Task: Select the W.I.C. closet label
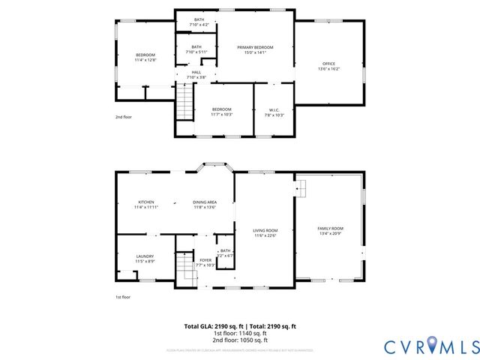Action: (x=274, y=112)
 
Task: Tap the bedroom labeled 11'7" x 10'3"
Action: (x=221, y=112)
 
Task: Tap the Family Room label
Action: (x=330, y=230)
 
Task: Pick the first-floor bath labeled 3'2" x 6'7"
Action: (x=226, y=253)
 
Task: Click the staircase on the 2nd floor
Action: (x=184, y=102)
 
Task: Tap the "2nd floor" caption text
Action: (x=124, y=117)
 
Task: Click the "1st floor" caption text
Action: (x=124, y=297)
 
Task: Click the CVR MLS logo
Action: (x=431, y=346)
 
